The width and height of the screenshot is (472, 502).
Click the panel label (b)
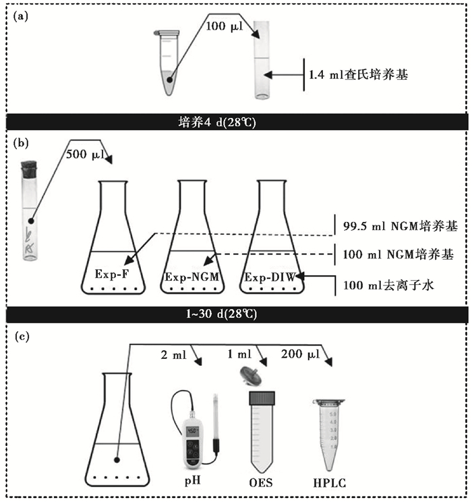click(21, 143)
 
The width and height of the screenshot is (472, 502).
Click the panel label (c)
click(21, 335)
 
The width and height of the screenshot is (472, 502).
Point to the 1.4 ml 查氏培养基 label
click(358, 76)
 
